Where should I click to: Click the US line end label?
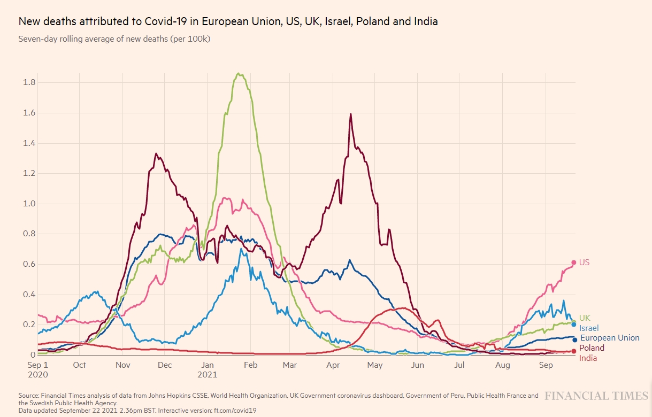(x=584, y=262)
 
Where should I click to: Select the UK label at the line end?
(x=584, y=318)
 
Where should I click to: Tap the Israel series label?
(x=588, y=328)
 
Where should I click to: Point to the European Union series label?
(x=609, y=338)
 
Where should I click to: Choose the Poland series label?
(x=592, y=348)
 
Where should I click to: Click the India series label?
(x=588, y=358)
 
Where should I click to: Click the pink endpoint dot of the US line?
(x=573, y=262)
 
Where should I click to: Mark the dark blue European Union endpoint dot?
(x=574, y=339)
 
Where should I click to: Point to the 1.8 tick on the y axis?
(x=29, y=82)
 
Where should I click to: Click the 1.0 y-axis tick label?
(x=29, y=204)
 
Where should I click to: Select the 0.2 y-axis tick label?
(x=29, y=325)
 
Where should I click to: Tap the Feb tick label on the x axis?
(x=250, y=365)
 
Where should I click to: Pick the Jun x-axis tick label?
(x=418, y=365)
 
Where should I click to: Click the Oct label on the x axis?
(x=79, y=365)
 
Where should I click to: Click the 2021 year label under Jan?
(x=208, y=375)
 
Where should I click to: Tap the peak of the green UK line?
(x=239, y=74)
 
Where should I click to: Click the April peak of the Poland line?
(x=350, y=114)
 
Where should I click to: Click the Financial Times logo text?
(x=596, y=396)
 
